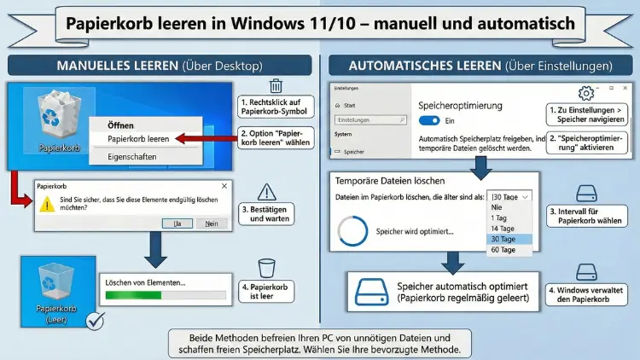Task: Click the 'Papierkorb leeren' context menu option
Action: click(x=138, y=137)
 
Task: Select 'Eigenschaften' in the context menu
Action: click(x=132, y=157)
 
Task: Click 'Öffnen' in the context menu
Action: click(x=120, y=125)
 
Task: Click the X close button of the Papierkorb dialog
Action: click(x=224, y=185)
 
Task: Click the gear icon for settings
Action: click(x=585, y=94)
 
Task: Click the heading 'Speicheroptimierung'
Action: click(x=461, y=105)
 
